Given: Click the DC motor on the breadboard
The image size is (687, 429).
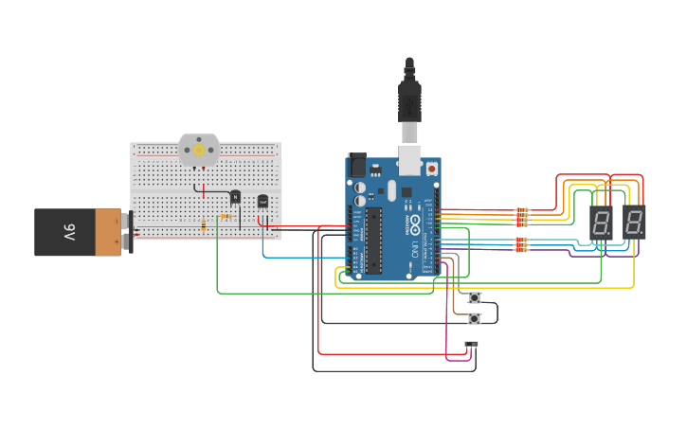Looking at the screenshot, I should coord(199,151).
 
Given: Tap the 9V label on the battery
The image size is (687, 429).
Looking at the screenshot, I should coord(69,232).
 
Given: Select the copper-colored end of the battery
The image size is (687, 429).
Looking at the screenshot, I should coord(108,232).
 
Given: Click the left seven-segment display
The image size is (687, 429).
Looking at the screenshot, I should coord(601,223).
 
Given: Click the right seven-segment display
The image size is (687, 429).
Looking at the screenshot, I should coord(634,223).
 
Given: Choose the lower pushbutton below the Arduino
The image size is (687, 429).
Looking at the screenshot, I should coord(475,318).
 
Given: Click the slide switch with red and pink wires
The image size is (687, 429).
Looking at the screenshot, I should coord(471,344).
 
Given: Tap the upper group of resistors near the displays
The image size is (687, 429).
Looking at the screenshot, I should coord(521,217).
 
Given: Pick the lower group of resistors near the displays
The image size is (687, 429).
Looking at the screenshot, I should coord(521,245).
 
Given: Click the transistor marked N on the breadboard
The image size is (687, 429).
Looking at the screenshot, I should coord(235,197).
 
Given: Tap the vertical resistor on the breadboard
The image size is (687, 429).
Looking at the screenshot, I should coord(204,224).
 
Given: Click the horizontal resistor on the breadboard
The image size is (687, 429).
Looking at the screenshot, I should coord(226,216).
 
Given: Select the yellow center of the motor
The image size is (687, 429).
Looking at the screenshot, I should coord(199,151).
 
